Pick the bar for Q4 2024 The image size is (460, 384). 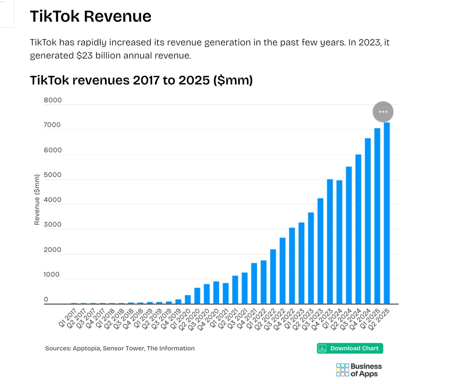click(x=368, y=221)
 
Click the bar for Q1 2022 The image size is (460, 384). click(x=263, y=282)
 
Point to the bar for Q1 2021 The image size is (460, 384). click(x=226, y=293)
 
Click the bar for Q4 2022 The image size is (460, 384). click(x=292, y=266)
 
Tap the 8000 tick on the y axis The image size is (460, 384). click(x=53, y=100)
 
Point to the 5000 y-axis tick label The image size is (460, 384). click(x=53, y=175)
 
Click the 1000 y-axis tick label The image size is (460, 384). click(x=52, y=274)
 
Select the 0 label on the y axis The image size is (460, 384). click(x=46, y=299)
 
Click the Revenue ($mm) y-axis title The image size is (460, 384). click(x=37, y=200)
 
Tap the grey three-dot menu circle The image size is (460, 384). click(x=383, y=112)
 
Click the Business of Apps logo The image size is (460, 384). click(x=359, y=370)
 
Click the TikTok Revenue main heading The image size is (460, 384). click(x=91, y=16)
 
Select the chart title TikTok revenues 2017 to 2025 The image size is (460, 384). click(x=141, y=80)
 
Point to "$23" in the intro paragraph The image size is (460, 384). click(x=85, y=56)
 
